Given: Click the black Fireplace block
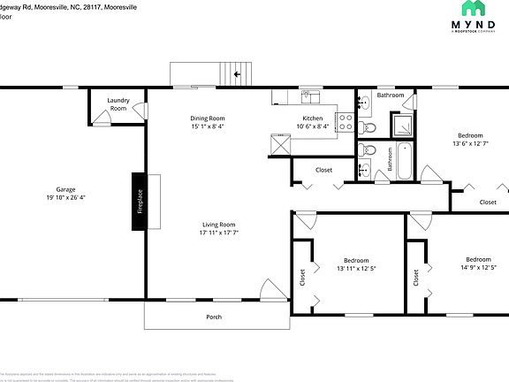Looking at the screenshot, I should click(140, 201).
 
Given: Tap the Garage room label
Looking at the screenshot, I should click(65, 189).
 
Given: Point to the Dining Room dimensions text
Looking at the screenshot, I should click(207, 126).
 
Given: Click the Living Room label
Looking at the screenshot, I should click(218, 224).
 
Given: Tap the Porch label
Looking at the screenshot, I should click(214, 317).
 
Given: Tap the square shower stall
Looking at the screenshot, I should click(403, 126).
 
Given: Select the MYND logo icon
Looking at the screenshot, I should click(475, 9).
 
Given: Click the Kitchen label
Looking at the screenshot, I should click(313, 118).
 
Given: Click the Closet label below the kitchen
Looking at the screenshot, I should click(323, 170).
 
